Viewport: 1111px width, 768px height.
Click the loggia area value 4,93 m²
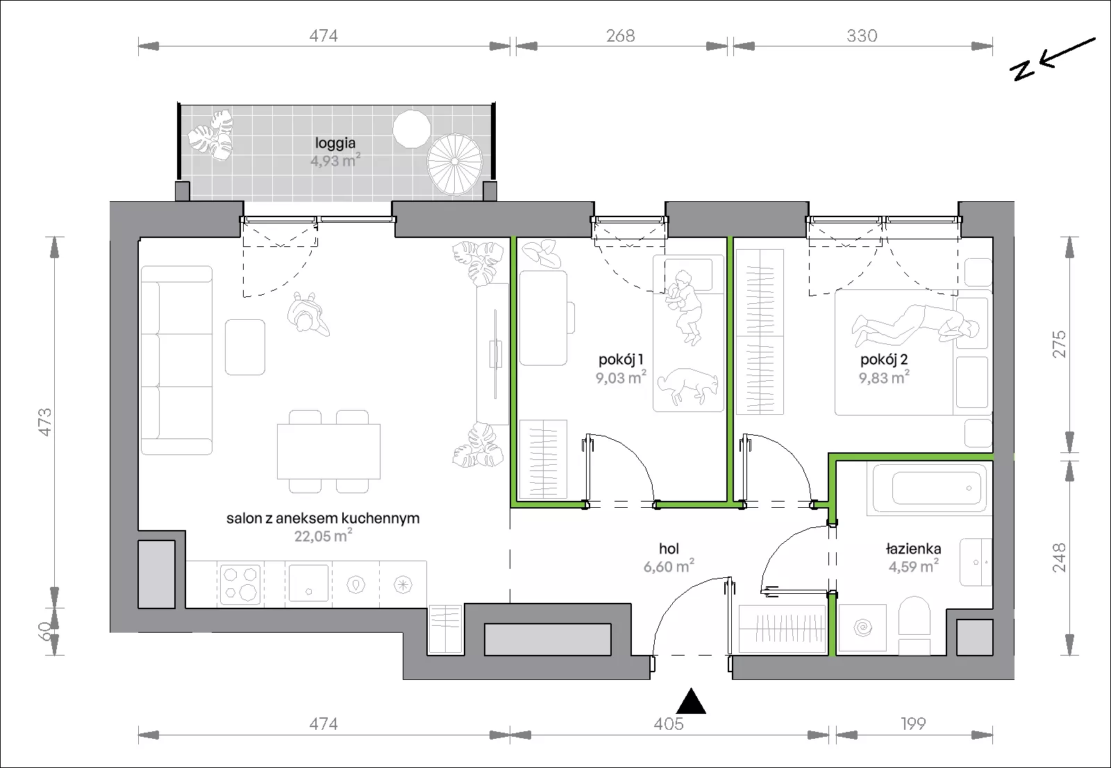[x=335, y=160]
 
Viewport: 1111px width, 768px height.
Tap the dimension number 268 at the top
[x=621, y=35]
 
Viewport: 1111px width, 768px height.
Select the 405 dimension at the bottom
[x=669, y=724]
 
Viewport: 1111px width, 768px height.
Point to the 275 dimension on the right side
[x=1058, y=344]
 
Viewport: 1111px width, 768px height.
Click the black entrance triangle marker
[x=692, y=701]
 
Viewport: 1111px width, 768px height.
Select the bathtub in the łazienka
[x=930, y=488]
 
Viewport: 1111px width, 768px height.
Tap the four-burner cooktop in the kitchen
[x=240, y=584]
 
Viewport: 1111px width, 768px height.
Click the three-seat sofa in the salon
[x=176, y=360]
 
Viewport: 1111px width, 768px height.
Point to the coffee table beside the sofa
[x=245, y=347]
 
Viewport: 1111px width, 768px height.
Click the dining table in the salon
[x=329, y=452]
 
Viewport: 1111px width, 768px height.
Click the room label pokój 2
[x=884, y=360]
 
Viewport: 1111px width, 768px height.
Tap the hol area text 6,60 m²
[x=669, y=566]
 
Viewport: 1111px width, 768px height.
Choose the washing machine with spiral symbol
[x=862, y=628]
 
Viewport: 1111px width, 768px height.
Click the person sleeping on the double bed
[x=916, y=325]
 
